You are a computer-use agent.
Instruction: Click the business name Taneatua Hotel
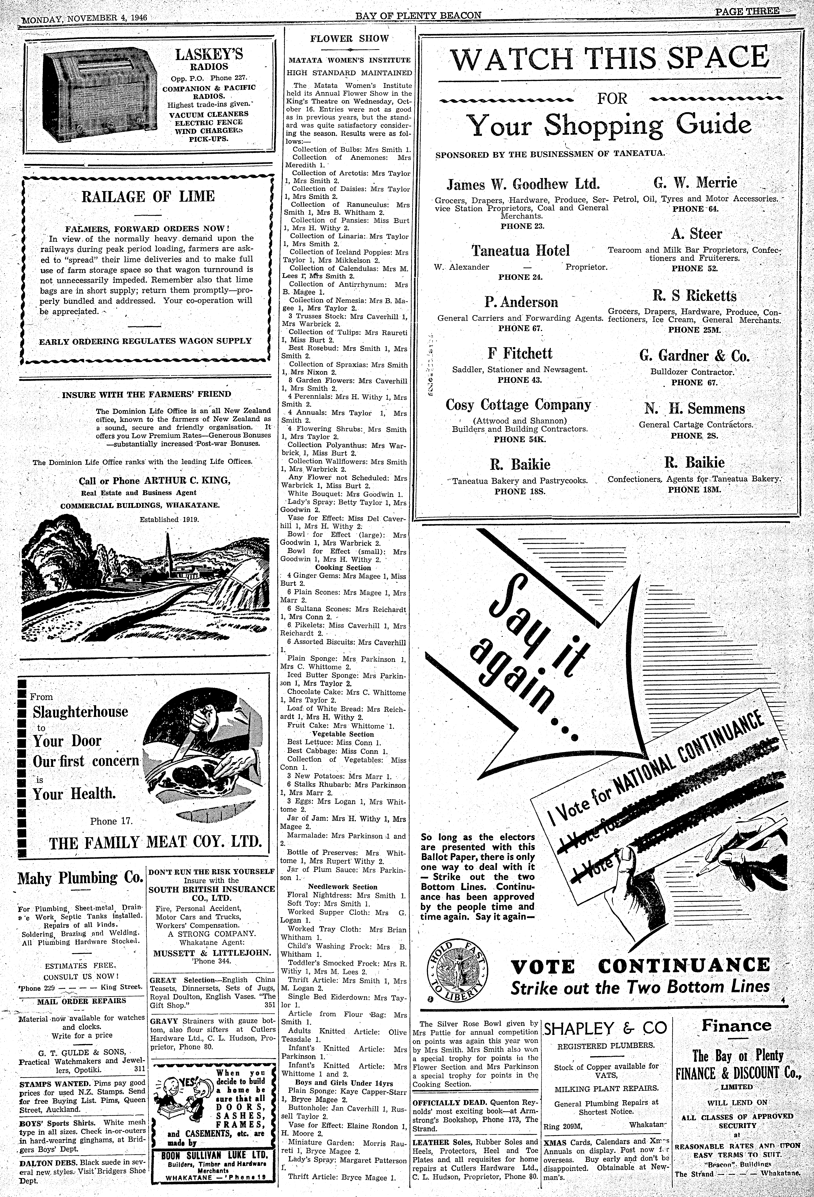(x=520, y=251)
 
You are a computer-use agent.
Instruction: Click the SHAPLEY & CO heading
(x=606, y=1029)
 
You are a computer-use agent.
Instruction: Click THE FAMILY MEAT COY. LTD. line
(x=156, y=843)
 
